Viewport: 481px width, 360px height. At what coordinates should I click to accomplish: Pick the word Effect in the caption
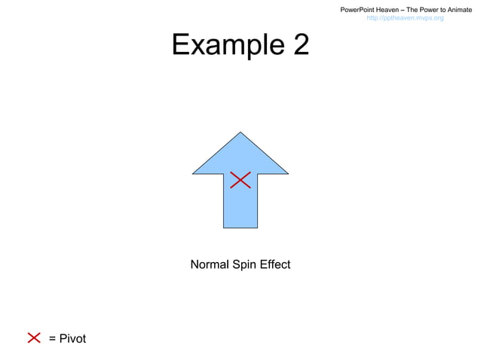[x=274, y=264]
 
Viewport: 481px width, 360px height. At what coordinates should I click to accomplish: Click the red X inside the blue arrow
[x=240, y=179]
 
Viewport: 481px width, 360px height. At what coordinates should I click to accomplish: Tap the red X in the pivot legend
[x=34, y=337]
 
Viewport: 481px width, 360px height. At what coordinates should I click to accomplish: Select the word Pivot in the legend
[x=72, y=338]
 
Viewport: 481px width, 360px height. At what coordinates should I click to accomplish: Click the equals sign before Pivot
[x=52, y=338]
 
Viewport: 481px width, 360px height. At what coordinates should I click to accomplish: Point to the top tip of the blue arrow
[x=240, y=133]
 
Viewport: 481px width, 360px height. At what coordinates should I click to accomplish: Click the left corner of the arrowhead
[x=193, y=173]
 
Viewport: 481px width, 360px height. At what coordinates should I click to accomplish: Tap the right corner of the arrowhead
[x=288, y=173]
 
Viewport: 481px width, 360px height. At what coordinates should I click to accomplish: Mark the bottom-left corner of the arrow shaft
[x=223, y=227]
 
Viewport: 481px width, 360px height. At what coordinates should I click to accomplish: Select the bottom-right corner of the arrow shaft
[x=258, y=227]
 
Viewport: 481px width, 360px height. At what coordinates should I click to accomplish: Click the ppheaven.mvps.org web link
[x=405, y=17]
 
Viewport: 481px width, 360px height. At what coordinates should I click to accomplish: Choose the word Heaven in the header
[x=394, y=9]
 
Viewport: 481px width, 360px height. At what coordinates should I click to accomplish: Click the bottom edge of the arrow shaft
[x=240, y=227]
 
